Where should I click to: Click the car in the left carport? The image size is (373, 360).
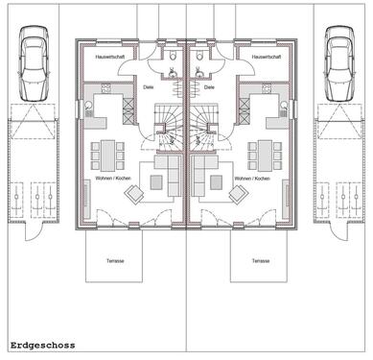(x=35, y=62)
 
